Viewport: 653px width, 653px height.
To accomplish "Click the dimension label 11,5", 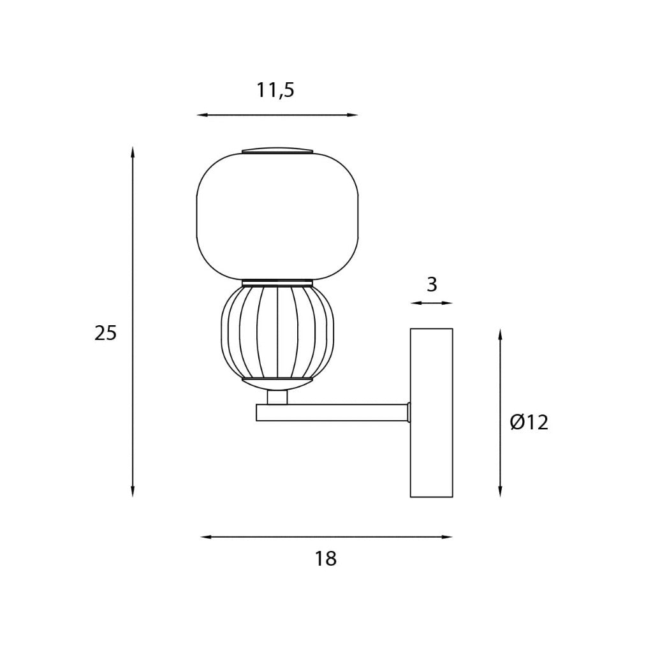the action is [x=275, y=91].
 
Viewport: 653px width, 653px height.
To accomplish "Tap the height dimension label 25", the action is [x=105, y=333].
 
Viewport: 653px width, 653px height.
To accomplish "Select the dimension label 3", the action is [x=432, y=285].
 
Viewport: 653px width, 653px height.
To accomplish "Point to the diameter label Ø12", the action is [x=529, y=423].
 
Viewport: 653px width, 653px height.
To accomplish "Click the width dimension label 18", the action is [x=325, y=559].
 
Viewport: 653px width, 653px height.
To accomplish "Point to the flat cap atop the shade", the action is [x=277, y=150].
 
